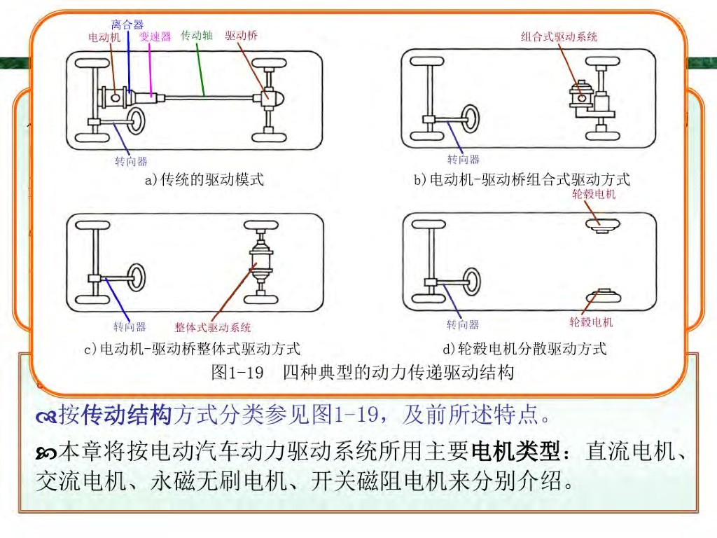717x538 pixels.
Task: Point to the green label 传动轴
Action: (x=197, y=35)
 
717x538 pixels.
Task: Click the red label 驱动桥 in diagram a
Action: (x=241, y=35)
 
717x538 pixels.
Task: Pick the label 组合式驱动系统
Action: (x=559, y=36)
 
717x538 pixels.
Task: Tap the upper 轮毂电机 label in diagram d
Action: (x=594, y=194)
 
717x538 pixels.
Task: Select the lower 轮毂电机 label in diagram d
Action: (x=591, y=322)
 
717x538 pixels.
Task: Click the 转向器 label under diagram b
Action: (x=464, y=160)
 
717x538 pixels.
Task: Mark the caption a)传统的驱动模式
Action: (x=204, y=179)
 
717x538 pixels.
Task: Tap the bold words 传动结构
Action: (x=127, y=415)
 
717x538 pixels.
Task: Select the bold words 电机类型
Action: (x=517, y=452)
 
